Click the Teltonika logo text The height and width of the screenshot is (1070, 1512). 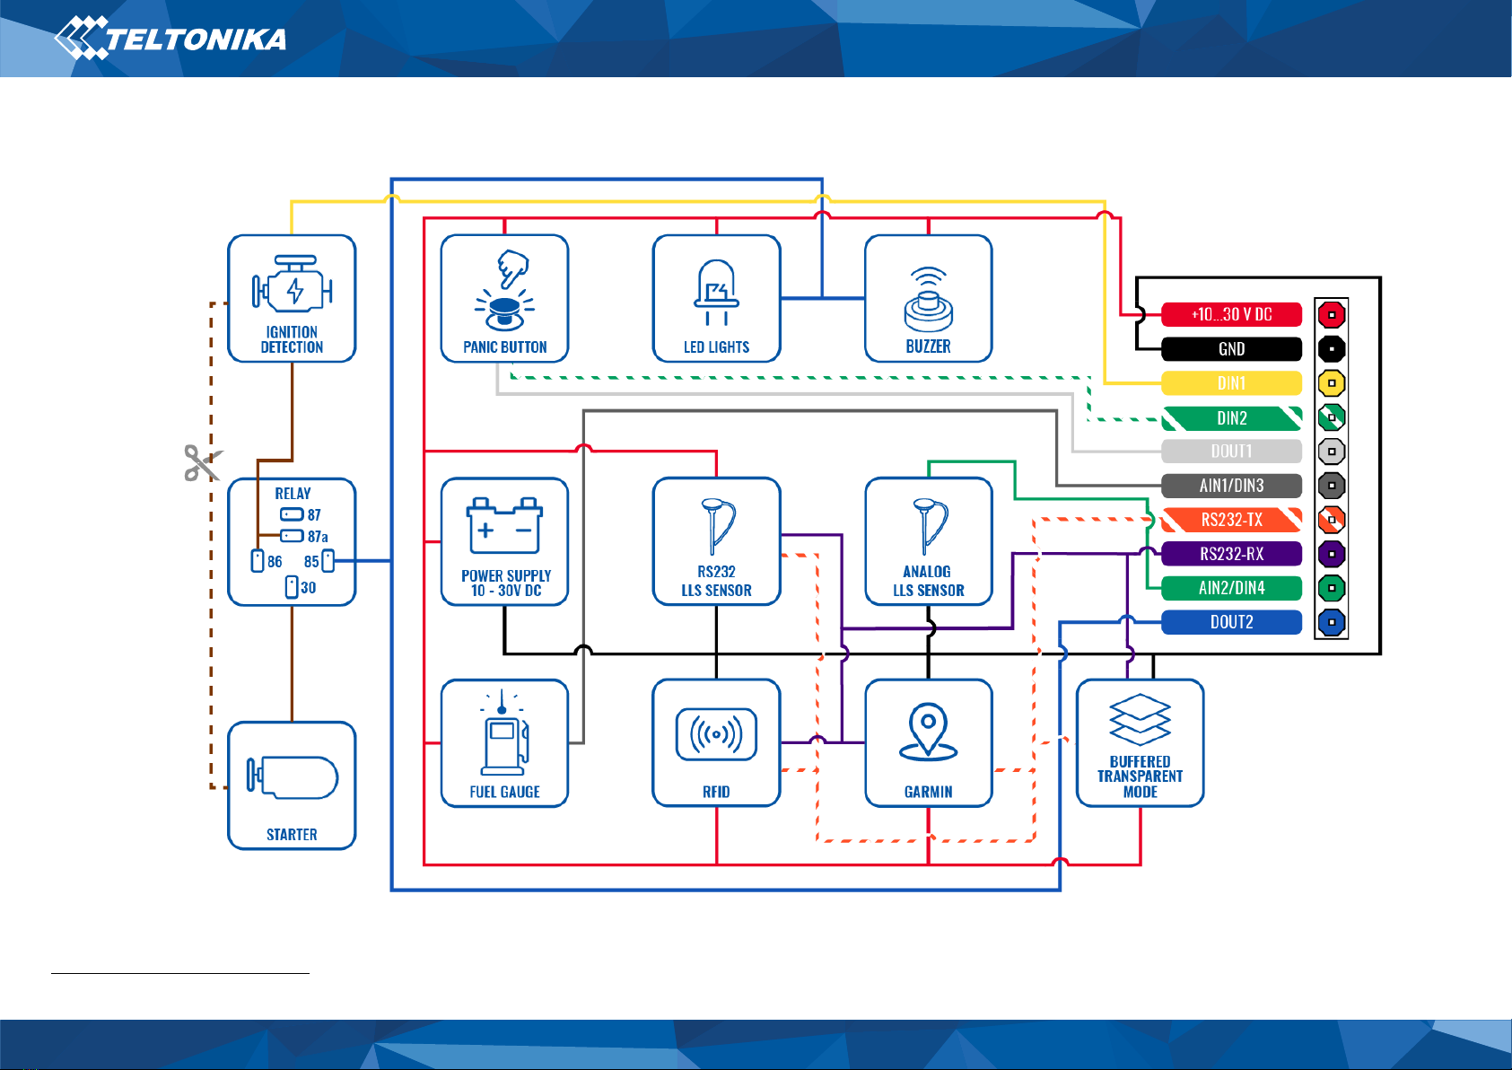click(x=196, y=39)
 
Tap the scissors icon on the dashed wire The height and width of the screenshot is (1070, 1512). click(x=203, y=462)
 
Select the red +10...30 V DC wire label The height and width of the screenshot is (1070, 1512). click(x=1231, y=314)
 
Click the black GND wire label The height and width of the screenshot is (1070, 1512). click(x=1231, y=349)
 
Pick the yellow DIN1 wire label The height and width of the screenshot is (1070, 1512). click(x=1231, y=383)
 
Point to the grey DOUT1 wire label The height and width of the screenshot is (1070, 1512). click(x=1231, y=451)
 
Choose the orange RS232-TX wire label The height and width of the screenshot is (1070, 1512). click(x=1231, y=520)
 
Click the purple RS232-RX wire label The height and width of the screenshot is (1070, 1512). click(x=1231, y=554)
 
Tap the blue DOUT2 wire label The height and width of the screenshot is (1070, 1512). click(x=1231, y=622)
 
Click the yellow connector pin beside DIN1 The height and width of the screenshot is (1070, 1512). click(x=1331, y=383)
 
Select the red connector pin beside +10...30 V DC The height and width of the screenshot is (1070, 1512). click(x=1331, y=314)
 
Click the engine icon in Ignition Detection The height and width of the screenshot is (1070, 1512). click(x=293, y=284)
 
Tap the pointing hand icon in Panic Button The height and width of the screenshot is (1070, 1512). click(x=512, y=268)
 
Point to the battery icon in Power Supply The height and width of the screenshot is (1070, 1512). click(x=504, y=526)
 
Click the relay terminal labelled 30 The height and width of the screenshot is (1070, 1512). click(x=292, y=587)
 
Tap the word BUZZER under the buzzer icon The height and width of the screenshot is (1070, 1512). click(x=928, y=347)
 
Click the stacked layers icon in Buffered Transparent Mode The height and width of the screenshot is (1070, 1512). click(x=1140, y=720)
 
